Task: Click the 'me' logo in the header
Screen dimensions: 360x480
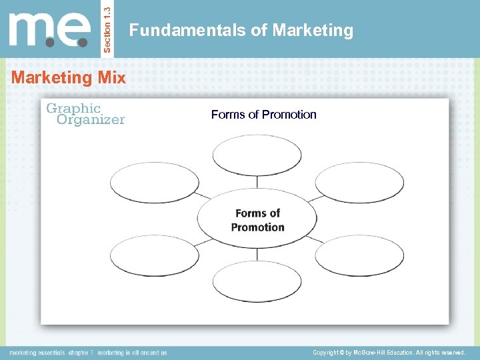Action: tap(50, 30)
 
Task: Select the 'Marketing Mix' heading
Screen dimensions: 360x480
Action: tap(69, 77)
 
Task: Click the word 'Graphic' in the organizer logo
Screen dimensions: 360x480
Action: tap(73, 109)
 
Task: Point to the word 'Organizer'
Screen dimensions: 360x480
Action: tap(91, 120)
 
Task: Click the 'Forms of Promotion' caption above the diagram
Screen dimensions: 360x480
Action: tap(264, 115)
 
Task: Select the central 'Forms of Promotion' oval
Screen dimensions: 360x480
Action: tap(257, 219)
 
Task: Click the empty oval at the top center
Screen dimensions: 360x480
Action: tap(257, 155)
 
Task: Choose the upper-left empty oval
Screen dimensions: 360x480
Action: tap(154, 183)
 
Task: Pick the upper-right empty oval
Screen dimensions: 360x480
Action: tap(359, 183)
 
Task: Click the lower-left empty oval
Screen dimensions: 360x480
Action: tap(154, 255)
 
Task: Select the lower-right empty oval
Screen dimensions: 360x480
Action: tap(359, 255)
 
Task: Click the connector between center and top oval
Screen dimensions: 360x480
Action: tap(257, 183)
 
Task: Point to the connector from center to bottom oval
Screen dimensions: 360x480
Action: tap(257, 255)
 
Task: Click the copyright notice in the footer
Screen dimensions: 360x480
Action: tap(388, 352)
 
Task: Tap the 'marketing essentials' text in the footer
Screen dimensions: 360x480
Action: tap(37, 353)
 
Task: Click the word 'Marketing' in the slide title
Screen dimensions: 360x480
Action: tap(313, 31)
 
